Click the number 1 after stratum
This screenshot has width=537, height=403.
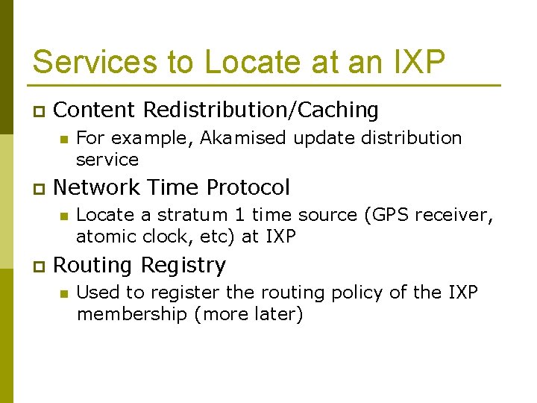point(239,216)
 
